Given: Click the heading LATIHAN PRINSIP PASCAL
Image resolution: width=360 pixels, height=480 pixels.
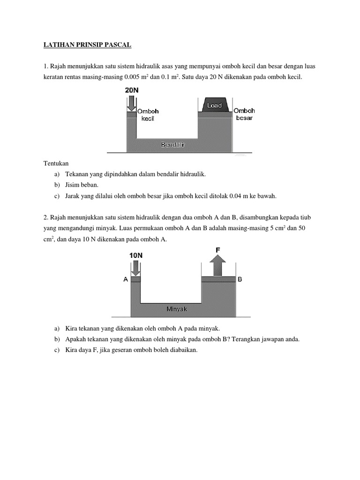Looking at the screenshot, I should [88, 45].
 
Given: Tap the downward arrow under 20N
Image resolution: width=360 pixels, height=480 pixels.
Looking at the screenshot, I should [131, 102].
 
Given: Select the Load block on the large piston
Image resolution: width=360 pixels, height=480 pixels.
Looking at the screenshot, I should [215, 105].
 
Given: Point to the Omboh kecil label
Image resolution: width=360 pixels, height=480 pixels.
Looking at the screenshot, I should [148, 115].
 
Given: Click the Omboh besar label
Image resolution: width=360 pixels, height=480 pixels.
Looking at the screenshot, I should [244, 114].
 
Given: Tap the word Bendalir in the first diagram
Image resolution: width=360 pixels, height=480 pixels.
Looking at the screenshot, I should [173, 145].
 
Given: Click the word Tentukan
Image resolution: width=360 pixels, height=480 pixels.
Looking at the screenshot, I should [56, 163].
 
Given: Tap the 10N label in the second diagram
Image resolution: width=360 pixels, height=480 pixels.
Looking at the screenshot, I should [135, 255].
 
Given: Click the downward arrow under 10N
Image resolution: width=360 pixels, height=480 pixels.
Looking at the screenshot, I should [135, 268].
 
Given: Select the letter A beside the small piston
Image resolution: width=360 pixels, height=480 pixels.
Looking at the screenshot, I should [125, 279].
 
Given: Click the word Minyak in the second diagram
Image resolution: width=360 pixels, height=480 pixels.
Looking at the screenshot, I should [177, 309].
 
